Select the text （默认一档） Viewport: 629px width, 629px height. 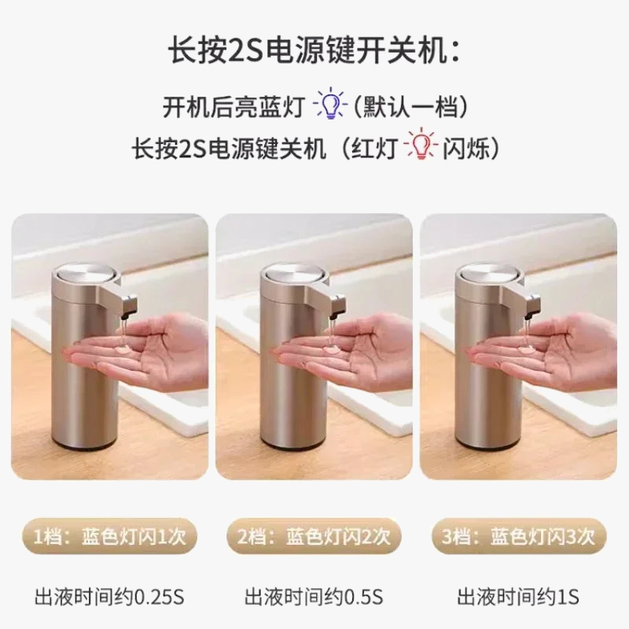[410, 107]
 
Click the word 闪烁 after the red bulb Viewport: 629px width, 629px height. [466, 148]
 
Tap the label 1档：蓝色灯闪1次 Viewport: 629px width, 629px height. [109, 536]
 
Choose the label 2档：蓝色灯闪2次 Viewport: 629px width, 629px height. [314, 536]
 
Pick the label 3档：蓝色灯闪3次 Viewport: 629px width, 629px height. [519, 536]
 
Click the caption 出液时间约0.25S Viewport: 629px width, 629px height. [109, 597]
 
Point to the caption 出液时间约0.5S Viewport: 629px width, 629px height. [314, 597]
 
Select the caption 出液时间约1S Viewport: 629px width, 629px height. [518, 597]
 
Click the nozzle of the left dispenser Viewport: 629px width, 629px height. [128, 306]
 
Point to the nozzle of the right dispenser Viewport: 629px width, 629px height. [532, 306]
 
